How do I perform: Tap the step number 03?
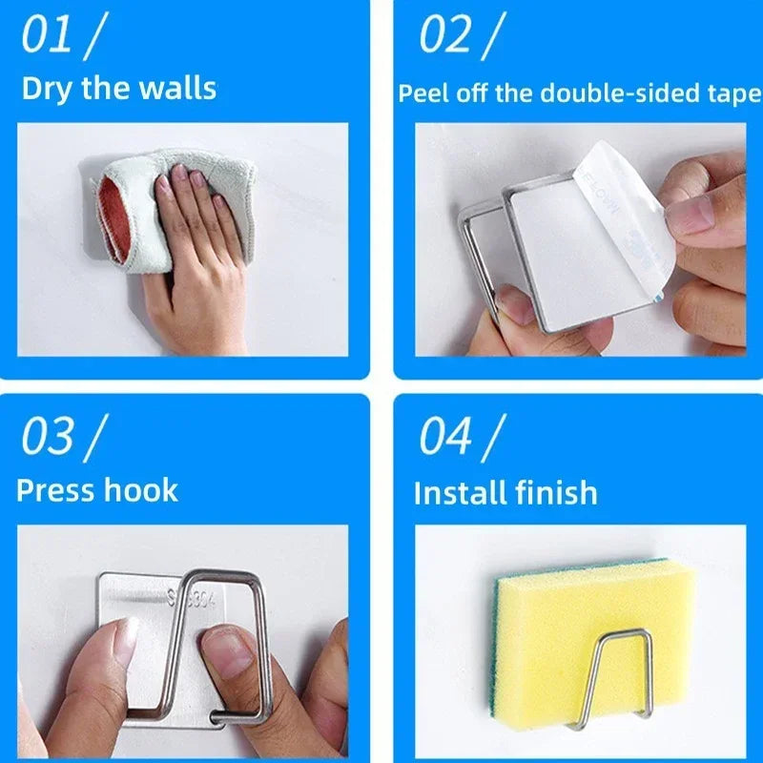click(48, 437)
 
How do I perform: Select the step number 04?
click(445, 437)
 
